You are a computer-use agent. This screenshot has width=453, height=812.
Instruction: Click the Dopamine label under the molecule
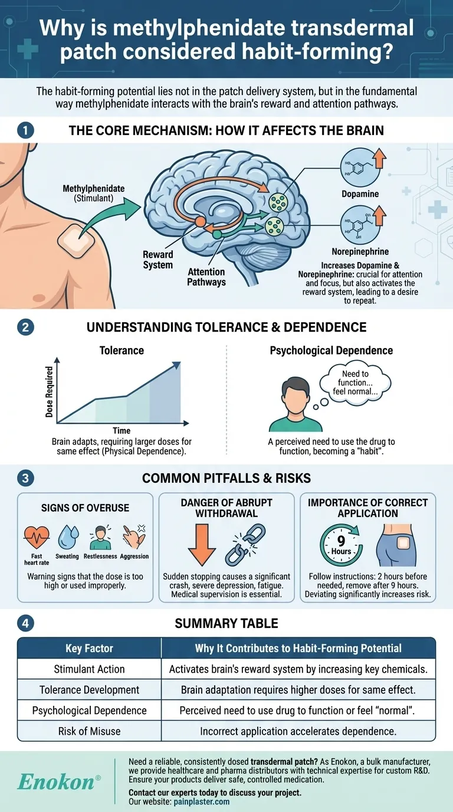click(x=359, y=194)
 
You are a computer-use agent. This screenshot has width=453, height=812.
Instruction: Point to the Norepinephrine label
click(x=360, y=251)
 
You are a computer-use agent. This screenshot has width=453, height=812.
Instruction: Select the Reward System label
click(x=158, y=260)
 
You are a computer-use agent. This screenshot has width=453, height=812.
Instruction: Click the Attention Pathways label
click(x=206, y=277)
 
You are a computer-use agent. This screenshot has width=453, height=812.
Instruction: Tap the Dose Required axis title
click(x=50, y=392)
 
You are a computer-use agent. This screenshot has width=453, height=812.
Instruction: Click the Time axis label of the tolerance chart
click(x=122, y=430)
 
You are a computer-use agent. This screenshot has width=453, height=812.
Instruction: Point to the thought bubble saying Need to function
click(x=354, y=383)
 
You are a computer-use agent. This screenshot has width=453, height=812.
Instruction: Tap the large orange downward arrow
click(x=201, y=546)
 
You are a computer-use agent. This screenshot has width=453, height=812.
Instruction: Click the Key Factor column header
click(x=90, y=648)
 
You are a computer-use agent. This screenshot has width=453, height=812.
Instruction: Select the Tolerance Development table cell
click(x=90, y=689)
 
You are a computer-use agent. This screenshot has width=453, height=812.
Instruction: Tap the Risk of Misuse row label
click(x=90, y=731)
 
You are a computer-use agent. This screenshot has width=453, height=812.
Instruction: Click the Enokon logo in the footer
click(x=56, y=782)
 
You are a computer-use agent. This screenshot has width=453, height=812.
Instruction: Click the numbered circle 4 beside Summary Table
click(x=25, y=623)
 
